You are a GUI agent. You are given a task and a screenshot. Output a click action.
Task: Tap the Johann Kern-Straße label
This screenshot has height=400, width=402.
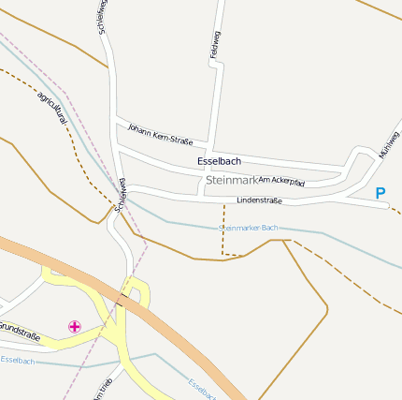159,135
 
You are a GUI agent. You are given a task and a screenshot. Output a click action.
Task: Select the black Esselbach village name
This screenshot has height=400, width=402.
219,161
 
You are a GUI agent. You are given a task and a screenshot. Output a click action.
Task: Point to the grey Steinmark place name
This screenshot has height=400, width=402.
230,180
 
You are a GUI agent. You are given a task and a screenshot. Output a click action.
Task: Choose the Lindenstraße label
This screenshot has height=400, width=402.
259,200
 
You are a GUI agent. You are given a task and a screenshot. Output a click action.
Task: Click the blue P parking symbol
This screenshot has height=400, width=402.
380,194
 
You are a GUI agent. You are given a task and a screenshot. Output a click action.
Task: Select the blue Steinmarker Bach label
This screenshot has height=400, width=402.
248,228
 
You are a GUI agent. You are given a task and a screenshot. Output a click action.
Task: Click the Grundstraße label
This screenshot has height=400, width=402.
19,330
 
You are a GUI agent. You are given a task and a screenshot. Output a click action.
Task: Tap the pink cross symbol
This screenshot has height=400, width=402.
74,326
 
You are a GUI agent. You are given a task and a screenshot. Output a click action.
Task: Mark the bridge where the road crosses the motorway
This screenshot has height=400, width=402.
122,299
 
